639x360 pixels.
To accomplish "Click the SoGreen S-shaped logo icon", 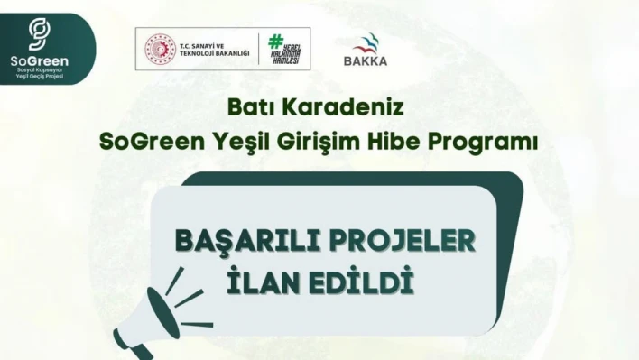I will pyautogui.click(x=38, y=33).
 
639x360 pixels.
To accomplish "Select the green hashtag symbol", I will pyautogui.click(x=277, y=42).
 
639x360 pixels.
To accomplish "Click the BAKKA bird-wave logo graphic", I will pyautogui.click(x=366, y=42).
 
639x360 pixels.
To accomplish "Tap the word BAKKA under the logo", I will pyautogui.click(x=366, y=61).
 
